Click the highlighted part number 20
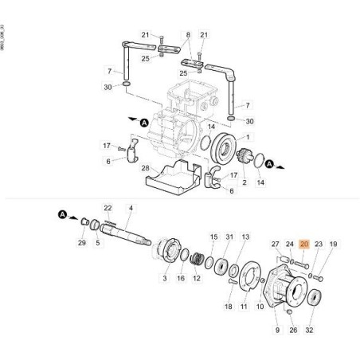303,245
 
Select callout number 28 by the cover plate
146,168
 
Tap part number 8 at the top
188,36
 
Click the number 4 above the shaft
131,209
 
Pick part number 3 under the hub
165,279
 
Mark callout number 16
181,279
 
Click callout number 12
197,279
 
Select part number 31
229,237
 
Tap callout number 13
246,237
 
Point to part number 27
276,245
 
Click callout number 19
334,245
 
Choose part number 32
310,328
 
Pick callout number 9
277,328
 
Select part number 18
229,307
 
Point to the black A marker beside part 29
61,213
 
